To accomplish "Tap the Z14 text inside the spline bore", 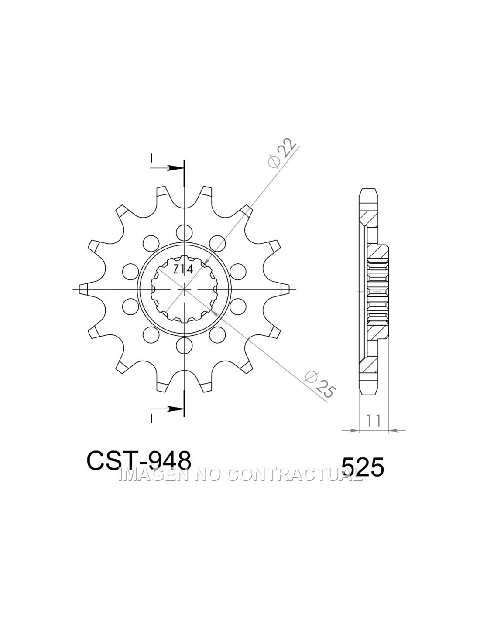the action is pos(183,269).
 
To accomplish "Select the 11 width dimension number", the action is pos(373,421).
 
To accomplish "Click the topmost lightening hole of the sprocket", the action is pos(184,232).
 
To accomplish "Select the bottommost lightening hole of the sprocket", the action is pos(184,346).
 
